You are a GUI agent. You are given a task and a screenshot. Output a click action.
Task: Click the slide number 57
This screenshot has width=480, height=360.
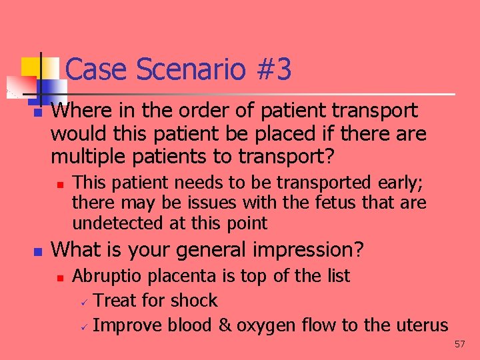459,345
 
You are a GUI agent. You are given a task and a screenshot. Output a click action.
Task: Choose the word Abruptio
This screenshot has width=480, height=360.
107,275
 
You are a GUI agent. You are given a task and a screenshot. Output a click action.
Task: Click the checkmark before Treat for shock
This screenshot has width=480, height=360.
84,302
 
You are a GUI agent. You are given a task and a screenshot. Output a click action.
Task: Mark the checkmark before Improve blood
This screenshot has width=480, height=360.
84,327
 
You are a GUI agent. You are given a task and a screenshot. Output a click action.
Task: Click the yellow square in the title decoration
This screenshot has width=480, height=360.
31,67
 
